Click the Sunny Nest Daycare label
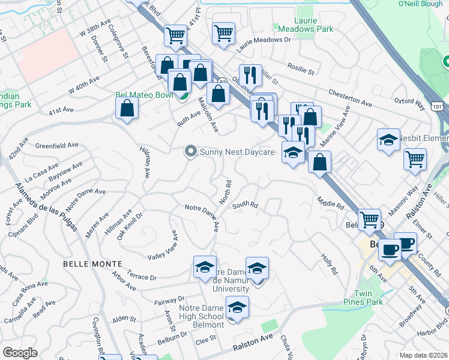[237, 152]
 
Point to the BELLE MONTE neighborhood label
[92, 264]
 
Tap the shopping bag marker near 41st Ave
[127, 109]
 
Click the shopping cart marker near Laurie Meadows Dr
[223, 32]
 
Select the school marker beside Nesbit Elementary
[388, 141]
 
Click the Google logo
[20, 353]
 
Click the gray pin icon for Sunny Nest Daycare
[191, 152]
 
